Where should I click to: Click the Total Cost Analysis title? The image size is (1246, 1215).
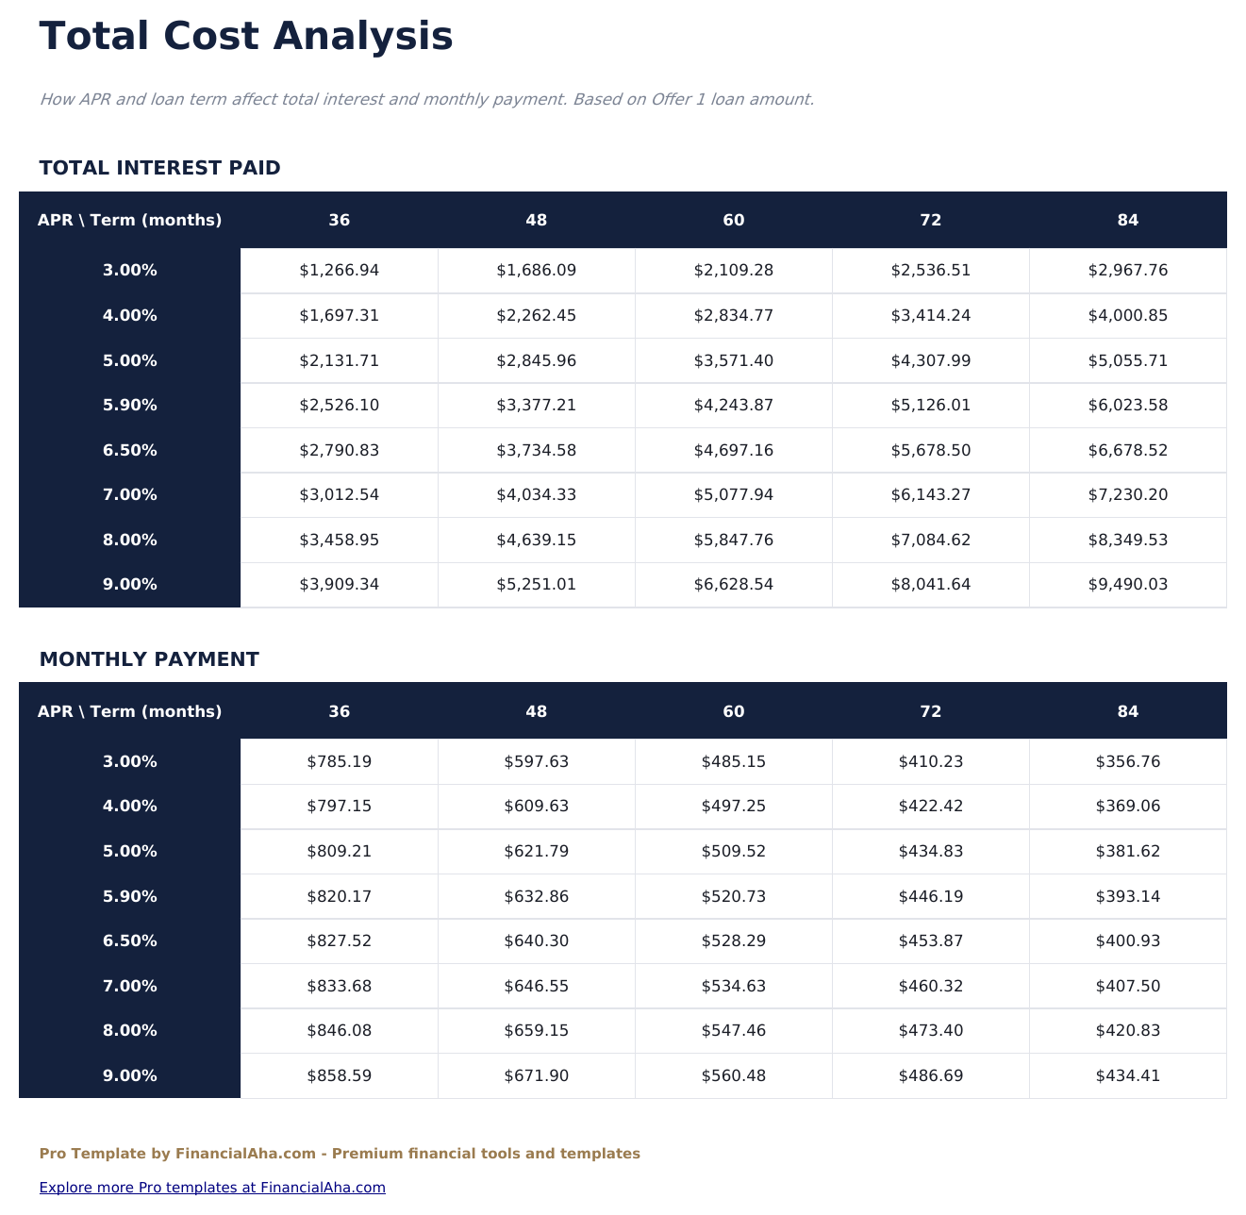246,37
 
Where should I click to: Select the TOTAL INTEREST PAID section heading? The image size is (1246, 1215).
159,168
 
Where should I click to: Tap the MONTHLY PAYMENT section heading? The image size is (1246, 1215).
149,659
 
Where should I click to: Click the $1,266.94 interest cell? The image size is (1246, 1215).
339,271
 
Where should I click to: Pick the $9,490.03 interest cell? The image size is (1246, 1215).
1127,585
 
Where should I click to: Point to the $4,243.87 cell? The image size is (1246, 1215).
733,406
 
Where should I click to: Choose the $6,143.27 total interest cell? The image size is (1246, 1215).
930,495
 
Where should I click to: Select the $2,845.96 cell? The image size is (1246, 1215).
536,361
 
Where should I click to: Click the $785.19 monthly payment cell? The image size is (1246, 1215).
339,762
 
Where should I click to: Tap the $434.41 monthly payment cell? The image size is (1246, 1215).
1127,1076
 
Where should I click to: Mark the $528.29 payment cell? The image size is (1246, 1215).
733,941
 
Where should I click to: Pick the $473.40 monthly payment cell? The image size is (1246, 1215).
930,1031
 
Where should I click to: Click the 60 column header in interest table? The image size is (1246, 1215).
733,221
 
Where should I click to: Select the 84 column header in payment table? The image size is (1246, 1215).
1127,712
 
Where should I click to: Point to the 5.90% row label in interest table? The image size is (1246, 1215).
130,406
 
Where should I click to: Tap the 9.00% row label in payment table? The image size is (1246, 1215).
130,1076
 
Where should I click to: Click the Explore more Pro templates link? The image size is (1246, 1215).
212,1188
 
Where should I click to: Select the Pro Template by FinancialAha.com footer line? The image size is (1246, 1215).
340,1154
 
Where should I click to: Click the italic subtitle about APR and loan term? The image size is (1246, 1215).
426,99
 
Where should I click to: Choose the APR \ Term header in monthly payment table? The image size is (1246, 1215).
130,712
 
